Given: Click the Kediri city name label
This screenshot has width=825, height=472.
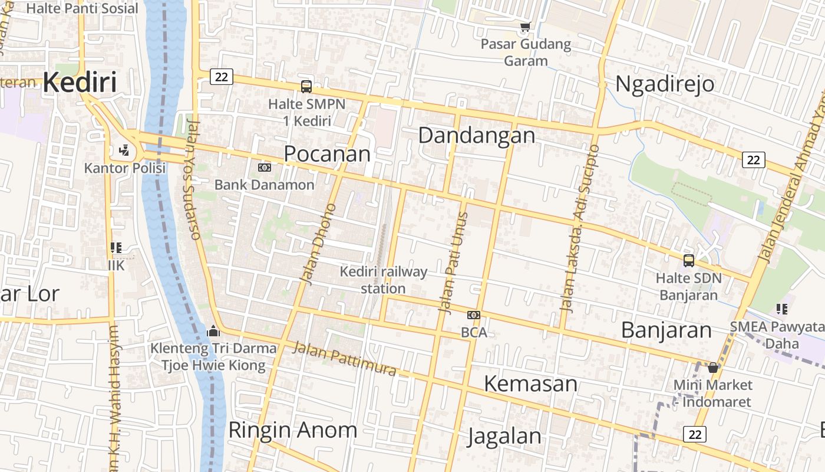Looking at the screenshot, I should pos(80,82).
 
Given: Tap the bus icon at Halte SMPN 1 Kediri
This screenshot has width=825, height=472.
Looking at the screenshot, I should pos(306,86).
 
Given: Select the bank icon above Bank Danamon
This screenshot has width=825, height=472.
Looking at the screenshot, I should pos(265,168).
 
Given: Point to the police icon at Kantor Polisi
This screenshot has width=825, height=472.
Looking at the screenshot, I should pos(124,150).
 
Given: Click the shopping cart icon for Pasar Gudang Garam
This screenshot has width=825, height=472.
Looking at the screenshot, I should pos(525,27).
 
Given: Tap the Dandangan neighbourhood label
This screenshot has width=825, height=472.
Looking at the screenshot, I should pos(477,135).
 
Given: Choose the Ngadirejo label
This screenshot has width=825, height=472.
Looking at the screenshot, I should pos(665,84).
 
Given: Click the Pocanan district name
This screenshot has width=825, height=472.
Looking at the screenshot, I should pos(327,153).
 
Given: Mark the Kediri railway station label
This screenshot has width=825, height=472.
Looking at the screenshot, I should pos(384,280).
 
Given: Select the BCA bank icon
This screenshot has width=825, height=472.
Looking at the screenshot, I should pos(474,315).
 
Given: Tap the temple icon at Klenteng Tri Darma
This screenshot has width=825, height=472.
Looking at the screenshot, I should pos(213,331).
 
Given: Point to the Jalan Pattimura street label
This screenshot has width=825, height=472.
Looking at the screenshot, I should pos(345,359).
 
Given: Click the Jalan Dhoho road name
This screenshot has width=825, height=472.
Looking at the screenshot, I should pos(318,244).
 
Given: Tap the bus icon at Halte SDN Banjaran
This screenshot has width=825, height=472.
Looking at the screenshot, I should pos(688,260).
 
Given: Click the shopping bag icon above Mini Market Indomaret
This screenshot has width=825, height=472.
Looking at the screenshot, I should pos(713,368).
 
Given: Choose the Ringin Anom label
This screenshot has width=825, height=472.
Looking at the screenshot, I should pos(292,430).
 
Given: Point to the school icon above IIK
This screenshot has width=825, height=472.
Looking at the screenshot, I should pos(116,248).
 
